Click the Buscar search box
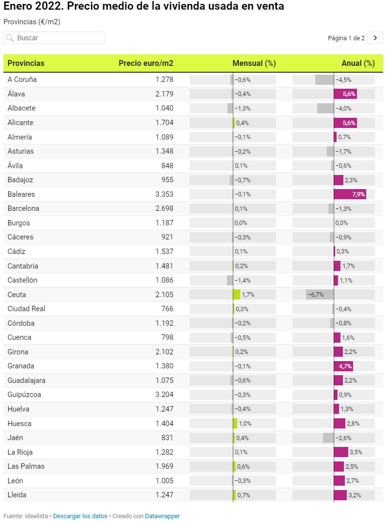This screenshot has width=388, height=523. [54, 38]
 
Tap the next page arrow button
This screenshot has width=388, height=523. [375, 38]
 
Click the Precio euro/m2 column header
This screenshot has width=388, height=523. [145, 63]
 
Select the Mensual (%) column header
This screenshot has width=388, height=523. [254, 63]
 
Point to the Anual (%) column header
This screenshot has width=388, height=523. [358, 63]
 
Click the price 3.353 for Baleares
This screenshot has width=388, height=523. [164, 194]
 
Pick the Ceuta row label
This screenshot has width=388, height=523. [17, 295]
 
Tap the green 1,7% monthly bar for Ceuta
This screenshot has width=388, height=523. [237, 295]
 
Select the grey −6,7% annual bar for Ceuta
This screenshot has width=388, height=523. [320, 295]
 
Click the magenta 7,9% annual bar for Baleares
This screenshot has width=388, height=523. [350, 194]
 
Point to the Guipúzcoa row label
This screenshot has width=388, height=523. [24, 395]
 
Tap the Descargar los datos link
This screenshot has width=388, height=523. [80, 516]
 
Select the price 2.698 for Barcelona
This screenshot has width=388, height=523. [164, 208]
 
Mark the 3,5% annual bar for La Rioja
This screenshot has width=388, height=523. [341, 452]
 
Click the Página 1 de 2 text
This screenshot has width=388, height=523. [346, 38]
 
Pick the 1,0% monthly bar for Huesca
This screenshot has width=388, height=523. [235, 423]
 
